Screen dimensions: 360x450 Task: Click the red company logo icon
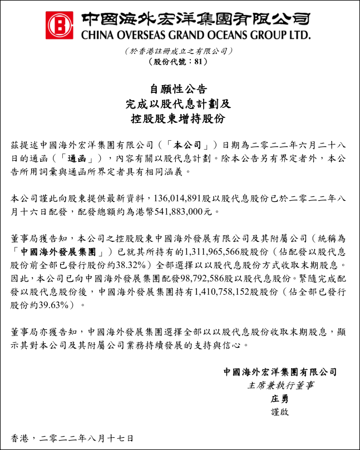point(60,25)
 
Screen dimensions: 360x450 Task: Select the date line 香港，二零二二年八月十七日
point(72,437)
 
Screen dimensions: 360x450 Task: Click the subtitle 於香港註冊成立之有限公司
point(178,51)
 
